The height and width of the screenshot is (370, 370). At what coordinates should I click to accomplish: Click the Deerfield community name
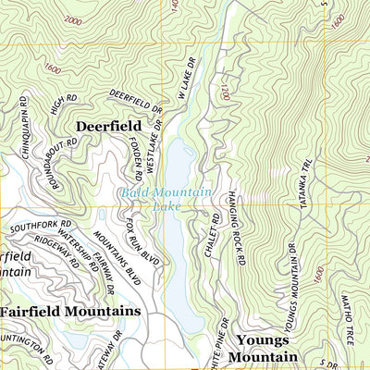coord(108,125)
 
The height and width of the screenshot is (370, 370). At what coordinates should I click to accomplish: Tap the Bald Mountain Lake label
coord(166,201)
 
